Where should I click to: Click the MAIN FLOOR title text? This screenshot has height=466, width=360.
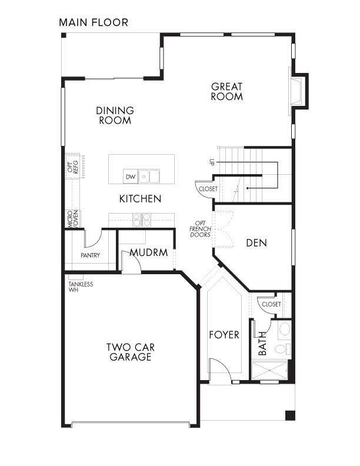point(93,23)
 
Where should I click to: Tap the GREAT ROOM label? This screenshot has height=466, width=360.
point(226,92)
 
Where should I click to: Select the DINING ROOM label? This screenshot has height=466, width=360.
point(115,115)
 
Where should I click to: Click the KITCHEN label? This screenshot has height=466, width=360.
point(140,199)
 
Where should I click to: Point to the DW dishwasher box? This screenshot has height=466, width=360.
point(131,177)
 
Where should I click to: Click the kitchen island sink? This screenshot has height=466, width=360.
point(149,176)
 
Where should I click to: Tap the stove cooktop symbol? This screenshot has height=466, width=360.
point(141,219)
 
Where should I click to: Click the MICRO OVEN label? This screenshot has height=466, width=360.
point(72,218)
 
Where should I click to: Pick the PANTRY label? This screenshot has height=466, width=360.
point(91,255)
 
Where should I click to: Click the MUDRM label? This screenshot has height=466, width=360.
point(149,252)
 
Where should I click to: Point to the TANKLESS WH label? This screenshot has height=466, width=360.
point(81,287)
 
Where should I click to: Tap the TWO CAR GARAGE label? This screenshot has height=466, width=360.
point(129,352)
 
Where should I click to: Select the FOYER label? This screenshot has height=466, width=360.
point(224,335)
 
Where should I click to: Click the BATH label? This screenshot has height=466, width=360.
point(262,345)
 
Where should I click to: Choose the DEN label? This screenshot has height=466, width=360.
point(257,242)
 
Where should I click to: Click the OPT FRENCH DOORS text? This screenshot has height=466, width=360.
point(200,228)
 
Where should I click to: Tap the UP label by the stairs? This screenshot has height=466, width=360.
point(211,162)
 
